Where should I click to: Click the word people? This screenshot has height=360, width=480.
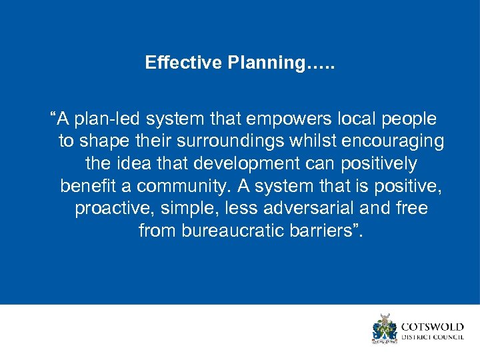pyautogui.click(x=409, y=119)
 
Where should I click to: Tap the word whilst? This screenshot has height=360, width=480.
pyautogui.click(x=327, y=141)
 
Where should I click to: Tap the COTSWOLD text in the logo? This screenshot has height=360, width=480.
pyautogui.click(x=433, y=327)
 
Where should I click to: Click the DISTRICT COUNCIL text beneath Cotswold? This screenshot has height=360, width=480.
pyautogui.click(x=433, y=337)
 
